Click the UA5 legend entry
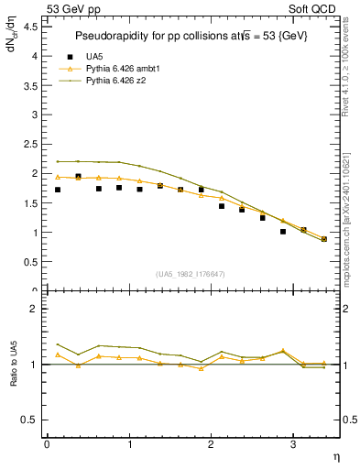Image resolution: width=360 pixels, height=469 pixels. [87, 57]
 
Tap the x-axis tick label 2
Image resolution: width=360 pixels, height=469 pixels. [211, 443]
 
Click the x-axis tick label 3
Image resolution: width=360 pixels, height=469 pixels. [292, 443]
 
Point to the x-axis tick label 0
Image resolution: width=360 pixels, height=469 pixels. [47, 443]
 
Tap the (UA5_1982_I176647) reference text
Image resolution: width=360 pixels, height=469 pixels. [191, 274]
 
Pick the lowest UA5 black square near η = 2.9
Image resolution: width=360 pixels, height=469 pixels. [283, 232]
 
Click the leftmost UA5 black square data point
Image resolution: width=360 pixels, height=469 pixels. [57, 190]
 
